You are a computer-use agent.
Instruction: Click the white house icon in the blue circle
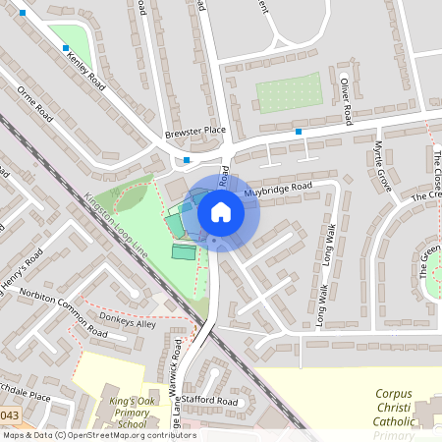(221, 212)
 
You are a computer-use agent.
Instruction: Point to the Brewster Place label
(194, 130)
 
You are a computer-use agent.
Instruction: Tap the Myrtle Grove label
(382, 167)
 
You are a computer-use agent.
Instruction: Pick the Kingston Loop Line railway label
(116, 226)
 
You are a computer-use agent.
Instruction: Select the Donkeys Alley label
(127, 323)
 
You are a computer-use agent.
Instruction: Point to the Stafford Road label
(210, 402)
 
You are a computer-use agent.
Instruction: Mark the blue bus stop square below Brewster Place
(187, 160)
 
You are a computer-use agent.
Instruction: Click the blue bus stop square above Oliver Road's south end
(299, 131)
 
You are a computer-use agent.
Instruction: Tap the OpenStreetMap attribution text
(98, 435)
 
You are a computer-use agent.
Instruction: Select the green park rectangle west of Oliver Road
(289, 93)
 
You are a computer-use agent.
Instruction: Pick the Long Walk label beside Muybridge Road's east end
(330, 243)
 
